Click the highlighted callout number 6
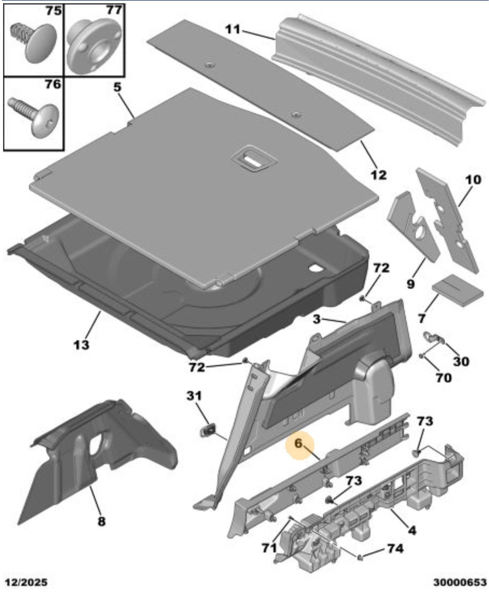click(299, 444)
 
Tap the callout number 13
click(81, 345)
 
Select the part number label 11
click(232, 29)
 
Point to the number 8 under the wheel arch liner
click(101, 521)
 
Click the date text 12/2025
click(26, 582)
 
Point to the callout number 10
click(473, 180)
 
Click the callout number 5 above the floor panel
click(118, 87)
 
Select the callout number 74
click(395, 549)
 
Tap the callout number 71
click(269, 548)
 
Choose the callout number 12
click(378, 175)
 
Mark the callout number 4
click(412, 531)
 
